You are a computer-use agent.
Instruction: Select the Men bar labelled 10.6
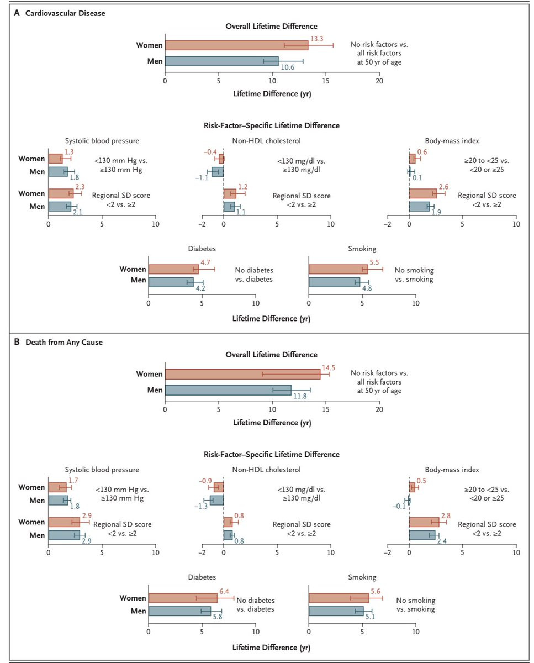[221, 61]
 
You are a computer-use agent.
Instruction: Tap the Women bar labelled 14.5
[242, 374]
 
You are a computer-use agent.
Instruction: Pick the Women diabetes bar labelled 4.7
[173, 269]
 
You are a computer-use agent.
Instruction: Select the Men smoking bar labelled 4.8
[334, 282]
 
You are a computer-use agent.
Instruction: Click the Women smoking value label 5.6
[376, 590]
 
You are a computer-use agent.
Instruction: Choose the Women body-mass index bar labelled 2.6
[422, 193]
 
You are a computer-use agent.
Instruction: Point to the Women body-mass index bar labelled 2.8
[424, 522]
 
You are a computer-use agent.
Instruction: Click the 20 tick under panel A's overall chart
[379, 81]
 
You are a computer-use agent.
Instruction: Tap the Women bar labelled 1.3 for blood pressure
[55, 159]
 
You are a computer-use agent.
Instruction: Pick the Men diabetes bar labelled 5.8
[179, 611]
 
